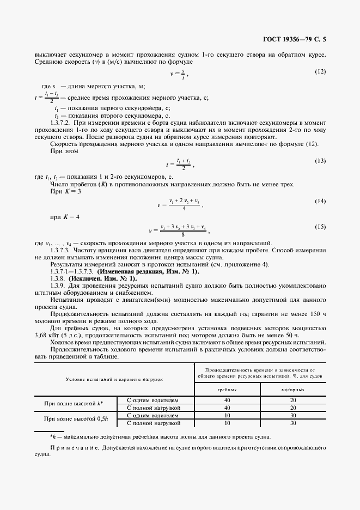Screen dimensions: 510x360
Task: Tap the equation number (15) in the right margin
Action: pyautogui.click(x=320, y=226)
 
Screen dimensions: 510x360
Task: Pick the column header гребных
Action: pyautogui.click(x=227, y=391)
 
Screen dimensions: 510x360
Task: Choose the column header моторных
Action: pyautogui.click(x=293, y=391)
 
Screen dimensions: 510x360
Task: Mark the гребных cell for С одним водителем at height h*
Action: pyautogui.click(x=227, y=400)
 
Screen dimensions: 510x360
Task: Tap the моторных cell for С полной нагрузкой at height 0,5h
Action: pyautogui.click(x=293, y=422)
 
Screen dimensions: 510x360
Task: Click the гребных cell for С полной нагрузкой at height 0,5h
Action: pyautogui.click(x=227, y=422)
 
